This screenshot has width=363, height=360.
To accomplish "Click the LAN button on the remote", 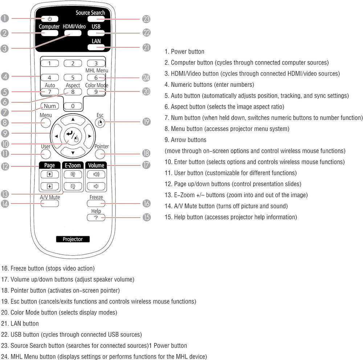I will coord(96,47).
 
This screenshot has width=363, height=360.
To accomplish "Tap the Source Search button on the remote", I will coord(96,19).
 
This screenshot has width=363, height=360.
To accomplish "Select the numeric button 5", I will coord(73,77).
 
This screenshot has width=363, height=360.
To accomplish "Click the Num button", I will coord(50,106).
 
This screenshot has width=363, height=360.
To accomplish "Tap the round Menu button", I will coord(46,123).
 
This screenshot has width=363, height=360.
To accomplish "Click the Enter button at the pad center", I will coord(73,136).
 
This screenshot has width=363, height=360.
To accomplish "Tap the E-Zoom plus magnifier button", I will coord(73,174).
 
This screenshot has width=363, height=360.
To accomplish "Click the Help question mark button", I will coord(96,218).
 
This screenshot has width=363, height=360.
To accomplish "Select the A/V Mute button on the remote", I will coord(50,204).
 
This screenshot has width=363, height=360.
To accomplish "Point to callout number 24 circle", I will coord(146,77).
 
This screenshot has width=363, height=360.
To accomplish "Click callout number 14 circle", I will coord(5,204).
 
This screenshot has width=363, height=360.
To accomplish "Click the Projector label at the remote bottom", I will coord(73,239).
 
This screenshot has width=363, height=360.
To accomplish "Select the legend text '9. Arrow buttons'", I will coord(185,140).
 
